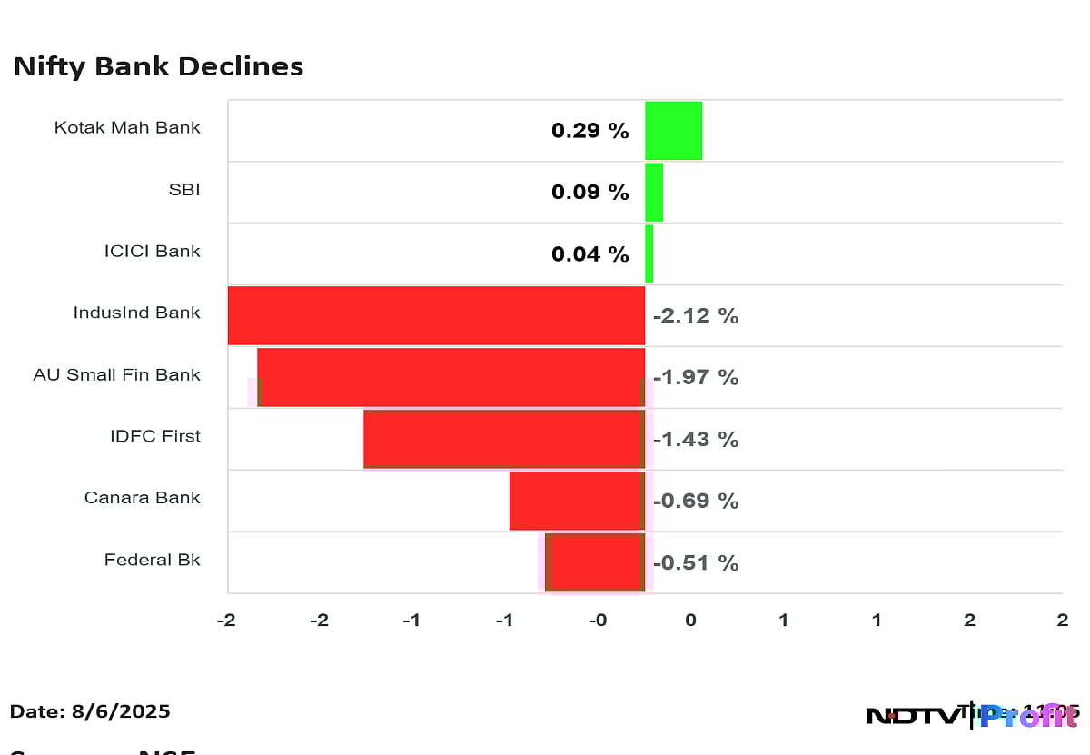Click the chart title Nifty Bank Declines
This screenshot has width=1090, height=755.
158,66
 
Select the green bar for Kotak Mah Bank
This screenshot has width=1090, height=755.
673,130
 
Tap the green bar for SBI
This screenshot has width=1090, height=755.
654,192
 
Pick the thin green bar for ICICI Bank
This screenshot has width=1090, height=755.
649,253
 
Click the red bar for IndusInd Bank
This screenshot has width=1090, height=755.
436,315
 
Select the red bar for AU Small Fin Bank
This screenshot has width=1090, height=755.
451,377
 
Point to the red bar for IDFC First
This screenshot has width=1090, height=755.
504,439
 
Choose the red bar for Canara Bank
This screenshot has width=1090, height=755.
577,501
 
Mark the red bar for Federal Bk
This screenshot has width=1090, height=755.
596,562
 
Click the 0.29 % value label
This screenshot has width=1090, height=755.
590,131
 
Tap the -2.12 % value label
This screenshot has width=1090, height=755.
696,316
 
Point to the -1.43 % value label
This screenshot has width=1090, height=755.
696,440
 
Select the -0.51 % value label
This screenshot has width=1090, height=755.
696,563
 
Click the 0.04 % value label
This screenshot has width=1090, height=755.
590,254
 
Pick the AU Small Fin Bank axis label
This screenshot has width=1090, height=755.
116,374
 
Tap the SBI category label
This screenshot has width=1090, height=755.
183,190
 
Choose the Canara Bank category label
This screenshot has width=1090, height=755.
142,498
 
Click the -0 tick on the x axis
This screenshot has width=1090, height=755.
597,621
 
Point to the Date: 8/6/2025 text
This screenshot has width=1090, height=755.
90,711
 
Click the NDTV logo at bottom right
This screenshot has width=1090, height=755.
911,716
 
